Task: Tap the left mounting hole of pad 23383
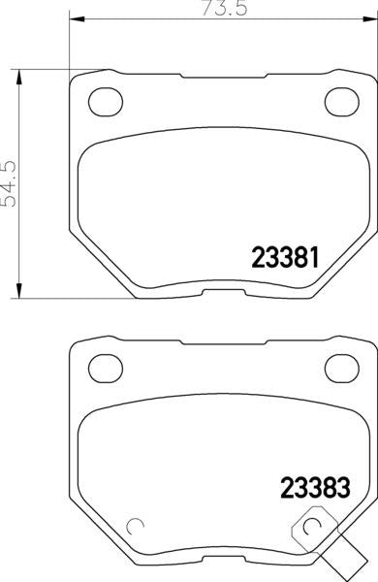(101, 366)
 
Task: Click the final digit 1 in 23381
(314, 256)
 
